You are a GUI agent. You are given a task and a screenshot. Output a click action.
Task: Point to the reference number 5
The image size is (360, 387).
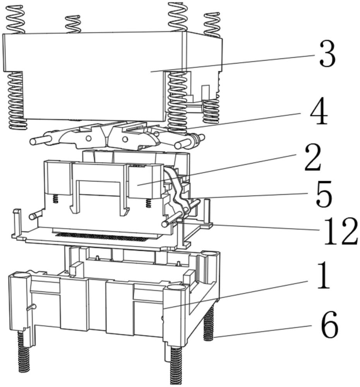tap(324, 194)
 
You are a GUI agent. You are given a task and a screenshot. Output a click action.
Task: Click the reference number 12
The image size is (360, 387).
tap(341, 231)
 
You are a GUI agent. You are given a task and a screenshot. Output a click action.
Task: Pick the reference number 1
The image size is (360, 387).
tap(323, 275)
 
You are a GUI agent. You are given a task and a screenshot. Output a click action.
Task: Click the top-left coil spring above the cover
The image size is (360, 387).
tap(16, 19)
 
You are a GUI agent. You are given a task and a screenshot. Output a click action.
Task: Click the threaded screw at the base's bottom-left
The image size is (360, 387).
tap(24, 351)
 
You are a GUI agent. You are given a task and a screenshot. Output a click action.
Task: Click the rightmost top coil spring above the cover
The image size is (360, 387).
tap(212, 25)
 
